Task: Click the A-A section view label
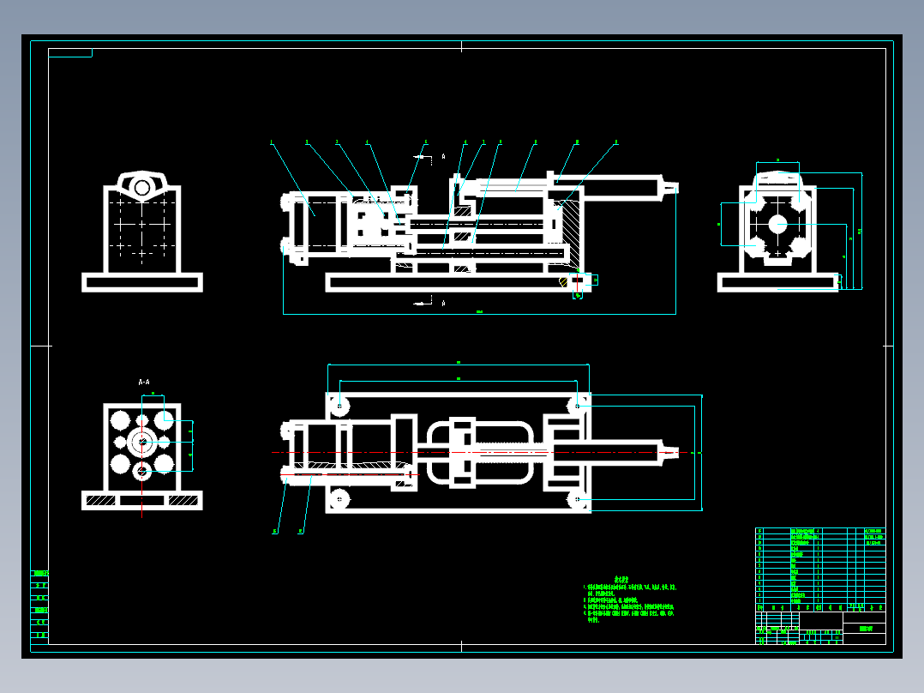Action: point(144,382)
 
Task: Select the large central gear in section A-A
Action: point(141,443)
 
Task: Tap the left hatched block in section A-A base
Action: point(100,499)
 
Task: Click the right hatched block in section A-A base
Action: point(183,499)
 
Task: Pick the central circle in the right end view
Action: point(777,224)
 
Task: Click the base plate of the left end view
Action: point(142,282)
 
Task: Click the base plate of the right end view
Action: point(777,282)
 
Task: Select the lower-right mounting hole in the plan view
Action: point(577,498)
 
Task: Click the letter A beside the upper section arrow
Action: point(443,157)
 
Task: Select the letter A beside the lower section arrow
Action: point(443,303)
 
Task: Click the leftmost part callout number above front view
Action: point(271,142)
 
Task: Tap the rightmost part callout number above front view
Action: point(615,142)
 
